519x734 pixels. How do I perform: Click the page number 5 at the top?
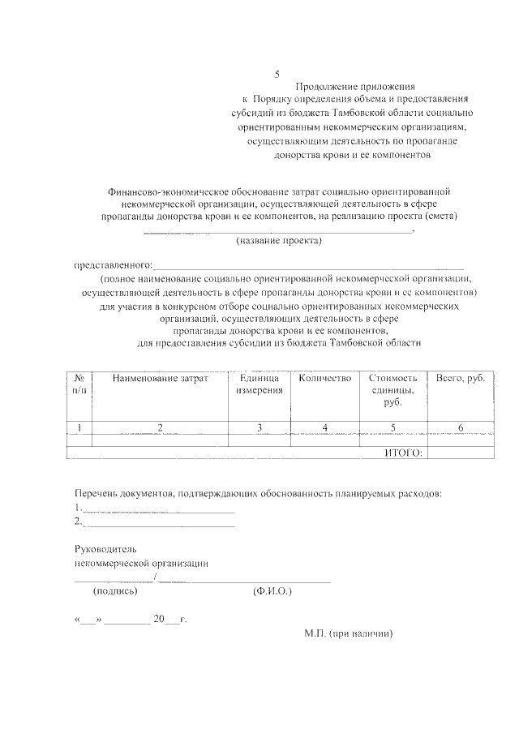pos(277,74)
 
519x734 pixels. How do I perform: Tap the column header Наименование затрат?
pos(160,378)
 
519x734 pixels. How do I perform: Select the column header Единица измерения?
pos(259,384)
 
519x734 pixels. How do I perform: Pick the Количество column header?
pos(324,378)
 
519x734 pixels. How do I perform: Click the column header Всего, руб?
pos(460,378)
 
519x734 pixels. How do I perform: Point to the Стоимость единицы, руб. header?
pos(393,390)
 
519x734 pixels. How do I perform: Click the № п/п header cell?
pos(79,384)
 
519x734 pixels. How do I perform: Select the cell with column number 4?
pos(324,427)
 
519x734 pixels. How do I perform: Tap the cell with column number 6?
pos(460,427)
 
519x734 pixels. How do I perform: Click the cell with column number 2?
pos(160,427)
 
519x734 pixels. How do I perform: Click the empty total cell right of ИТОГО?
pos(460,453)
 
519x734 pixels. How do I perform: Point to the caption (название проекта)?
pos(278,242)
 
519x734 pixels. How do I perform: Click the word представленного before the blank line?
pos(113,266)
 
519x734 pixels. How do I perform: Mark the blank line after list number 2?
pos(159,526)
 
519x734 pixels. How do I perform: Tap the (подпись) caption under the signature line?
pos(116,592)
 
